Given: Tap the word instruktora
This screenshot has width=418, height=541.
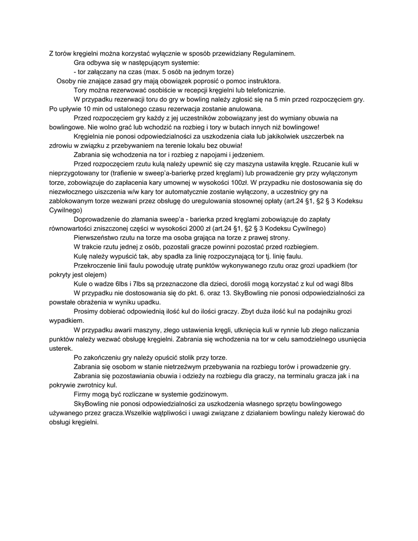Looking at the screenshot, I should [262, 81].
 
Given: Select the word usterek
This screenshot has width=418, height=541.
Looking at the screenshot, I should [53, 349].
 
